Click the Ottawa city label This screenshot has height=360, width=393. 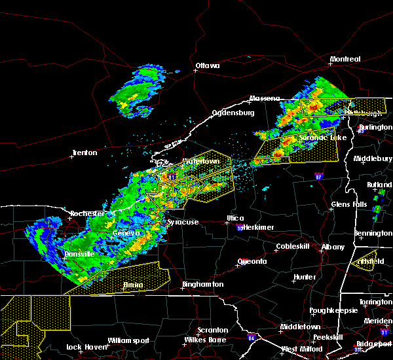point(208,65)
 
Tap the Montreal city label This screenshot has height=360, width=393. point(345,60)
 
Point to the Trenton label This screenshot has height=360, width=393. point(84,153)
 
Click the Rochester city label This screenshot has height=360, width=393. point(88,213)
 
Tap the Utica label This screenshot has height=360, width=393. point(235,218)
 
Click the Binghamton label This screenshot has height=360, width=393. point(203,285)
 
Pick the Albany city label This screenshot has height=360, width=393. point(333,247)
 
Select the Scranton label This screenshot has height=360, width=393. point(214,331)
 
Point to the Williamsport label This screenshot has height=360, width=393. point(128,341)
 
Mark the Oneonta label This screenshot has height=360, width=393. point(252,262)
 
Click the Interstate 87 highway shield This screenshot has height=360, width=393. point(318,177)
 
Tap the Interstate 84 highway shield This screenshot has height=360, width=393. point(252,338)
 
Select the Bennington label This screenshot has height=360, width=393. point(374,233)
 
